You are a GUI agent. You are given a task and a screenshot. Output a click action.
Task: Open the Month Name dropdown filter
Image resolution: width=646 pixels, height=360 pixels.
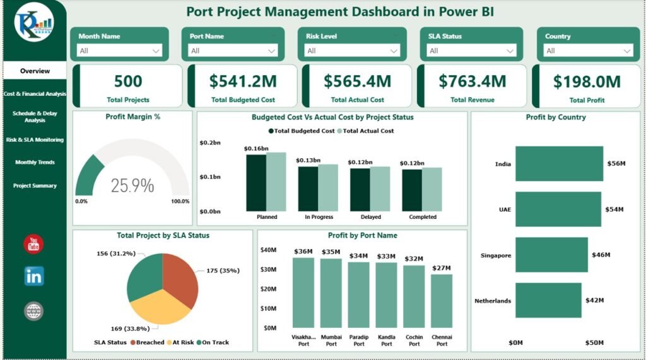(120, 50)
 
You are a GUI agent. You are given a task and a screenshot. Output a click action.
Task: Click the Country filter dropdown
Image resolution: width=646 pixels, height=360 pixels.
(589, 50)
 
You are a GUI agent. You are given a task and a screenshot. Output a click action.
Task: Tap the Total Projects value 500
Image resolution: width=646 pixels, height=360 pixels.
(128, 81)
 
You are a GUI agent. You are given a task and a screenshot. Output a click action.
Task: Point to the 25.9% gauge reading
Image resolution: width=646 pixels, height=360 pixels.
(132, 185)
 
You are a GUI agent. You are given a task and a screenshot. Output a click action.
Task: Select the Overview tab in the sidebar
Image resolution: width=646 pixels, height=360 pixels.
(35, 71)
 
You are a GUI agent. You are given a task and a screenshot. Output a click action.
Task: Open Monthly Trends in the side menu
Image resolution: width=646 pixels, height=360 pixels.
(35, 163)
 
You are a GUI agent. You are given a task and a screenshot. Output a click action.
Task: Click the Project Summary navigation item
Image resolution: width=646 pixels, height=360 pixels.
(35, 186)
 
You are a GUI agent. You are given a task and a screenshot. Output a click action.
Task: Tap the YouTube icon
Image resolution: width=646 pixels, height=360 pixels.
(33, 244)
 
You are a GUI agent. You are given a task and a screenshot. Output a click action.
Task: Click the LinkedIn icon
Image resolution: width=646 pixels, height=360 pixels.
(33, 276)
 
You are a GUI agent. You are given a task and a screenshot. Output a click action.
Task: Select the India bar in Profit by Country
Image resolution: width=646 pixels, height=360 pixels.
(558, 164)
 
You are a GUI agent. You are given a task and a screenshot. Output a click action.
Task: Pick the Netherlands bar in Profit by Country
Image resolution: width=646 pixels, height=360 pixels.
(548, 300)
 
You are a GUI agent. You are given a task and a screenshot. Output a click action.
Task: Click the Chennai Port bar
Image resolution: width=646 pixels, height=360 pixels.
(442, 301)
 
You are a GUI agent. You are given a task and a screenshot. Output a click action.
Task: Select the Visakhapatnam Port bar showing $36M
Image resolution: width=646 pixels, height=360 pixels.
(303, 293)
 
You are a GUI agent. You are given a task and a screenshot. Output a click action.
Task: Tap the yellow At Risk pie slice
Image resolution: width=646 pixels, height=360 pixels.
(158, 309)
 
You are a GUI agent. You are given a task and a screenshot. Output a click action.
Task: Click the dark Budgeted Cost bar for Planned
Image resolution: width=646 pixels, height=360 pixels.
(255, 183)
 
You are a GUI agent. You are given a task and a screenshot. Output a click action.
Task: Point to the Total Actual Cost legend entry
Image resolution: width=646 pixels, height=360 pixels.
(368, 131)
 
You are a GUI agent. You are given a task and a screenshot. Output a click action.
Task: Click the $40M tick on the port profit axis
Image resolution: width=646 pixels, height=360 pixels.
(268, 250)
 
